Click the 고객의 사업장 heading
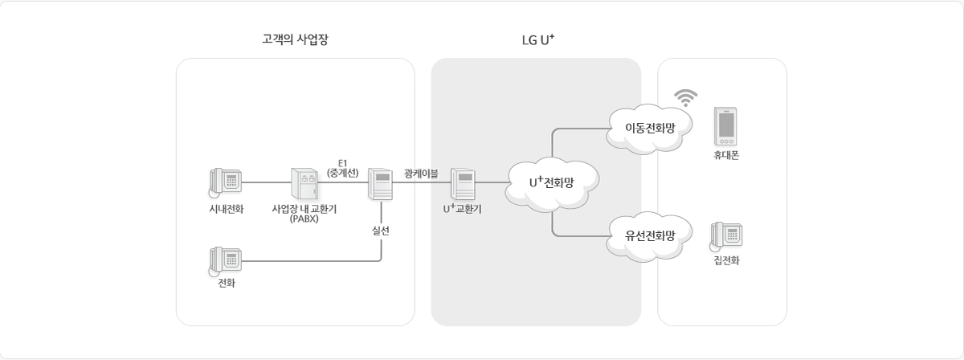click(295, 39)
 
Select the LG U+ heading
click(538, 39)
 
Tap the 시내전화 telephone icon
click(226, 182)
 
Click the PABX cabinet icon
click(304, 183)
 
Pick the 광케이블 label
click(421, 172)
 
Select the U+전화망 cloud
click(551, 182)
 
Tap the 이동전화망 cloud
click(650, 127)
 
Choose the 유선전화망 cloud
click(650, 235)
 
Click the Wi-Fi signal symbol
click(685, 97)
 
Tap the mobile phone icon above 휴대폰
click(725, 126)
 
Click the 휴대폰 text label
click(725, 155)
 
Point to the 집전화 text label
click(725, 260)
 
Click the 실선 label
click(381, 230)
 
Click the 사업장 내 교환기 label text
click(304, 210)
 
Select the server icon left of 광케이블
click(379, 183)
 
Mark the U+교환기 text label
click(463, 209)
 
